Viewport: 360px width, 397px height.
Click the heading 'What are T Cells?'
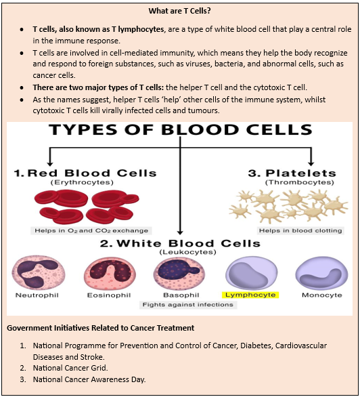point(179,11)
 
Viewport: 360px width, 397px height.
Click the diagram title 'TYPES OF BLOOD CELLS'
point(181,130)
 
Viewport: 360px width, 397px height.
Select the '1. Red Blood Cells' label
point(85,173)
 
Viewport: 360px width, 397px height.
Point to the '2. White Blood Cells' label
point(180,243)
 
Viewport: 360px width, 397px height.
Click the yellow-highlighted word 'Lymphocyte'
point(250,295)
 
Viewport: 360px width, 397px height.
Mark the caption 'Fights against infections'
point(187,305)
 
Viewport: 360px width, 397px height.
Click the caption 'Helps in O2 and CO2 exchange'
point(91,230)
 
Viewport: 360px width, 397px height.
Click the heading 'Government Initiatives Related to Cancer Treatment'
point(101,328)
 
